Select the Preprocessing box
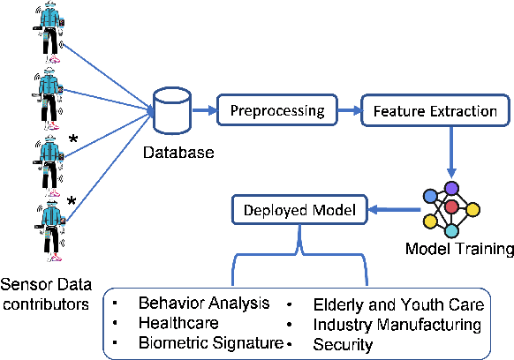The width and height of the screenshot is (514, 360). pos(279,112)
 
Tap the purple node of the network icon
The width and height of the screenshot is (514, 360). pos(452,187)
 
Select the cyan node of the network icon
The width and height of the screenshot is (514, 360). pos(452,229)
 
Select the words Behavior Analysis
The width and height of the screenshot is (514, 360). pos(203,304)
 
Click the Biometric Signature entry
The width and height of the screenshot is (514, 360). pos(210,343)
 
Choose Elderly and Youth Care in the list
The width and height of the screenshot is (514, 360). pos(399,305)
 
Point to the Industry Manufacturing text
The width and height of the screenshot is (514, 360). pos(397,325)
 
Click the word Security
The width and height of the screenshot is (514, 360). pos(344,344)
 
